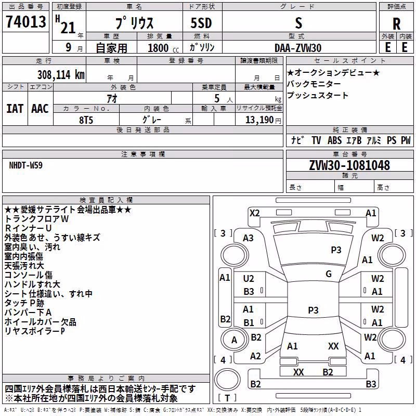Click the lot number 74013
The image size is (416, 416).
25,21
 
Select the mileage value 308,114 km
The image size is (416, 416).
61,75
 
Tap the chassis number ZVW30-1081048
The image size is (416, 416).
349,165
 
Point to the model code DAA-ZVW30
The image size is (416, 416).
298,48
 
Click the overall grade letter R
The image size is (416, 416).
396,24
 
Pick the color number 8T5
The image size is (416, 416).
86,120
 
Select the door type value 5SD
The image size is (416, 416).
201,23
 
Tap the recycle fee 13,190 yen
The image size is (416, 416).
263,120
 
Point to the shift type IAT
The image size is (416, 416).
15,109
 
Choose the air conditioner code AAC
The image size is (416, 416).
40,109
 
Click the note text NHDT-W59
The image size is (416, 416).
25,165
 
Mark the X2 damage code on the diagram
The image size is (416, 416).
254,213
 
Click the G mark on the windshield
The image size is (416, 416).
329,274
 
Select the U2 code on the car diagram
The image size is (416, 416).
249,279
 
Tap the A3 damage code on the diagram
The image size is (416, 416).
249,238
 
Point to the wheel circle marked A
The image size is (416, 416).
234,340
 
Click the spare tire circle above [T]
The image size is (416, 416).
227,380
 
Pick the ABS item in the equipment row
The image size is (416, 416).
334,140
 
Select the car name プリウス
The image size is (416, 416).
134,23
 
